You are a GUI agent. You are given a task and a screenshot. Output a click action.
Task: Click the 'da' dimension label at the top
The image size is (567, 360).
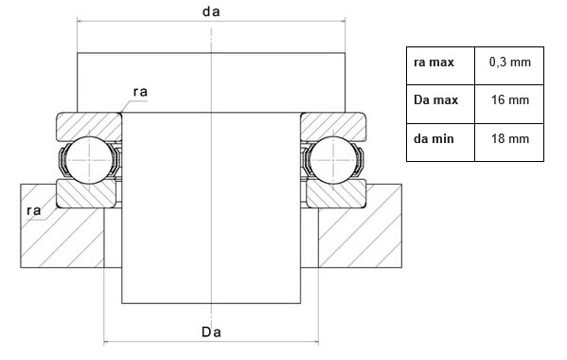(x=211, y=11)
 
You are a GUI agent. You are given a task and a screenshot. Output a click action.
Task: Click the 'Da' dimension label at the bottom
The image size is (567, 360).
(x=211, y=332)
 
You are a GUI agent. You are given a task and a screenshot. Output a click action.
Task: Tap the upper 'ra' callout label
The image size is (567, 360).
(x=140, y=92)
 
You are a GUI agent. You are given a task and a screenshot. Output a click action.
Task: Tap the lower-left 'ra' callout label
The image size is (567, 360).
(x=34, y=210)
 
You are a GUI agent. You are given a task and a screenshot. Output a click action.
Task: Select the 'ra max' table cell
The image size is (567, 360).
(x=440, y=66)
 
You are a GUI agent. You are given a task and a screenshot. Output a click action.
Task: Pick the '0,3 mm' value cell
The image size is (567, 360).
(x=509, y=66)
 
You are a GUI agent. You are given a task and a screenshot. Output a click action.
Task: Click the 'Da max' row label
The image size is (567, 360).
(x=440, y=104)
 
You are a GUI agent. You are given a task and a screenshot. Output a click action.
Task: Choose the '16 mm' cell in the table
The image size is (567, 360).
(x=509, y=104)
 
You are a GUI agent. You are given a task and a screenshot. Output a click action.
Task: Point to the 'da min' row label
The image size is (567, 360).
(x=440, y=142)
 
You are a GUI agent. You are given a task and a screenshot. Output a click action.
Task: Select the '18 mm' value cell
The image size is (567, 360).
(x=509, y=142)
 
